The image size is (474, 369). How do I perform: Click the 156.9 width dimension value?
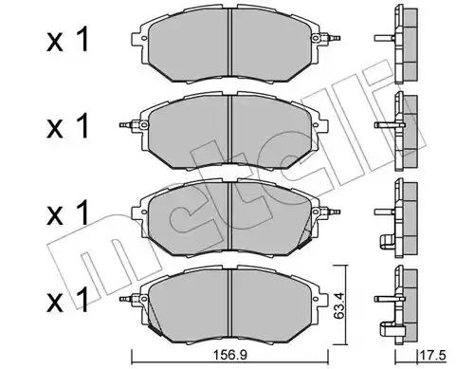(229, 356)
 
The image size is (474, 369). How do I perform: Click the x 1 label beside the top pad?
(67, 39)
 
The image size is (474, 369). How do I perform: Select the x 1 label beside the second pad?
(67, 126)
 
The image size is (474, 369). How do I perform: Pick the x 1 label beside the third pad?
(67, 213)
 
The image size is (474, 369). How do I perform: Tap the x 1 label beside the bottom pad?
(67, 300)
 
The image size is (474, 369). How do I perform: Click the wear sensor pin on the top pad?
(331, 38)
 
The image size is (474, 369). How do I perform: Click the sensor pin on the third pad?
(331, 211)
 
